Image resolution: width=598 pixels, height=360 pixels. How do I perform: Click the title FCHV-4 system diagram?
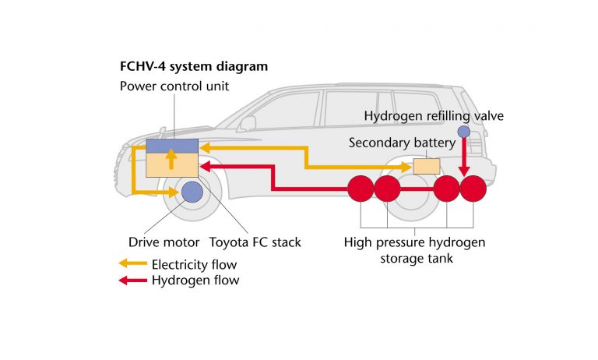coord(193,67)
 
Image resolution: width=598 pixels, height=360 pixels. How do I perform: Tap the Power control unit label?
coord(174,86)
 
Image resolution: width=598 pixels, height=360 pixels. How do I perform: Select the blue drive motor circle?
coord(192,191)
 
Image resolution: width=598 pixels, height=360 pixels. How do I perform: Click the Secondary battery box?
coord(426,166)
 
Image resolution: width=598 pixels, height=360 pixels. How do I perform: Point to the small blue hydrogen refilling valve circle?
coord(463,132)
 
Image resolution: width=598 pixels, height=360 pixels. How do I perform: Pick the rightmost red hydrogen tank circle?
coord(473,189)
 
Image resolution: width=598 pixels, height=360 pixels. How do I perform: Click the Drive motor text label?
coord(164,242)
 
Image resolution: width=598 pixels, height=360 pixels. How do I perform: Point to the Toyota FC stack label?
coord(255,242)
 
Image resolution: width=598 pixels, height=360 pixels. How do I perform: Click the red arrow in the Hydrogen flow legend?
coord(132,281)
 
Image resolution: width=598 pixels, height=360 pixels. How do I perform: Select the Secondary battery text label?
coord(402,143)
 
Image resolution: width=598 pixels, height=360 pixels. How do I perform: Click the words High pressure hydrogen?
coord(414,242)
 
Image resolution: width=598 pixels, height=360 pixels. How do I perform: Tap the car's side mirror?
coord(248,124)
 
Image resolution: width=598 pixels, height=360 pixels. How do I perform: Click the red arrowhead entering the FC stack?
coord(207,166)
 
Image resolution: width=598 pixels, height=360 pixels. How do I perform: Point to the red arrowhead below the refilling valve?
coord(464,172)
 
